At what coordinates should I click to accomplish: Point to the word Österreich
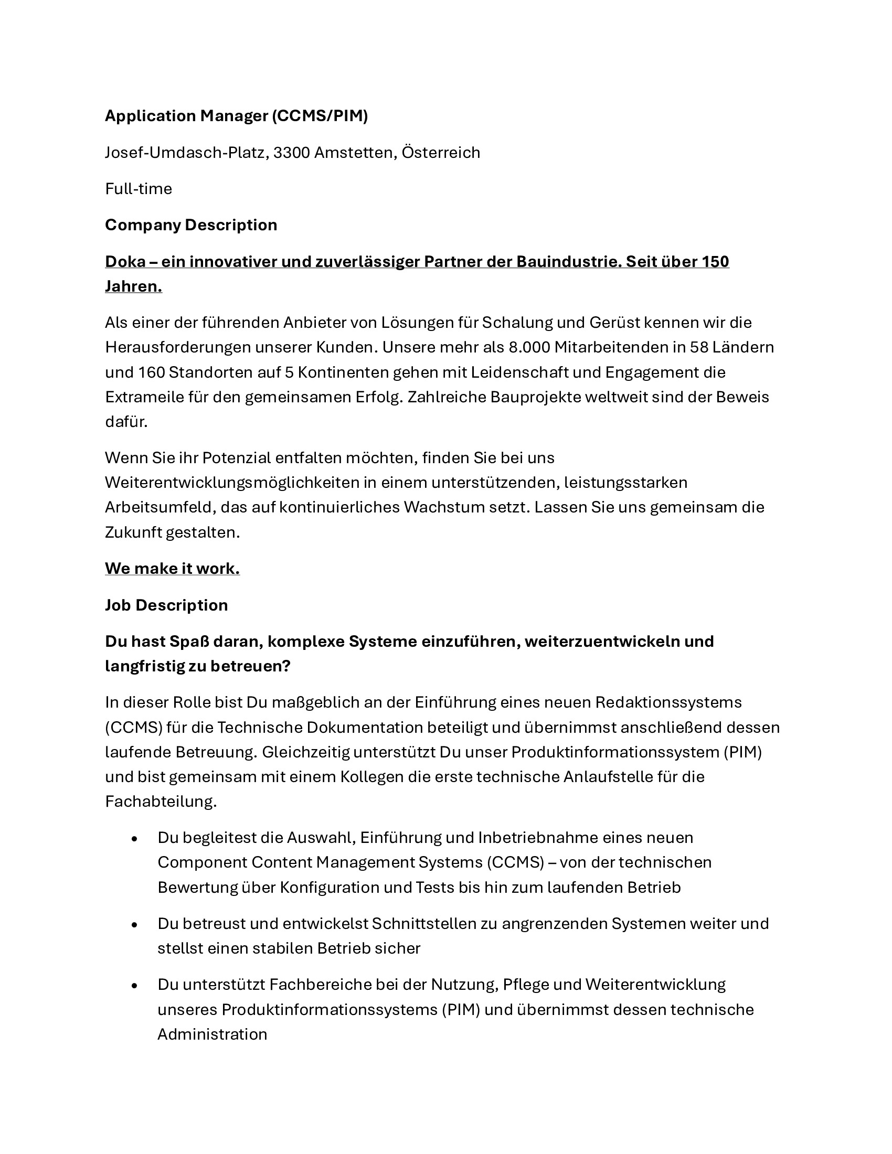(x=441, y=153)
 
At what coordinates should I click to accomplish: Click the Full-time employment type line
(x=139, y=189)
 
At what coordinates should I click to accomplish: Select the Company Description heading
(x=191, y=225)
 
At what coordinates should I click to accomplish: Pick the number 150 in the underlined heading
(x=716, y=262)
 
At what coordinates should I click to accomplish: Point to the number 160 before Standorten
(x=151, y=372)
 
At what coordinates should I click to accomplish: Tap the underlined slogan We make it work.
(x=172, y=569)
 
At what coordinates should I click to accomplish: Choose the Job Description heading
(x=166, y=605)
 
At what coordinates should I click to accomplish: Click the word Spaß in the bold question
(x=191, y=642)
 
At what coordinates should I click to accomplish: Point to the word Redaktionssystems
(x=668, y=702)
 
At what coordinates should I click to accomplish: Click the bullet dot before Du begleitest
(x=134, y=839)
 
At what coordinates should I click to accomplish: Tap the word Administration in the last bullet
(x=212, y=1034)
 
